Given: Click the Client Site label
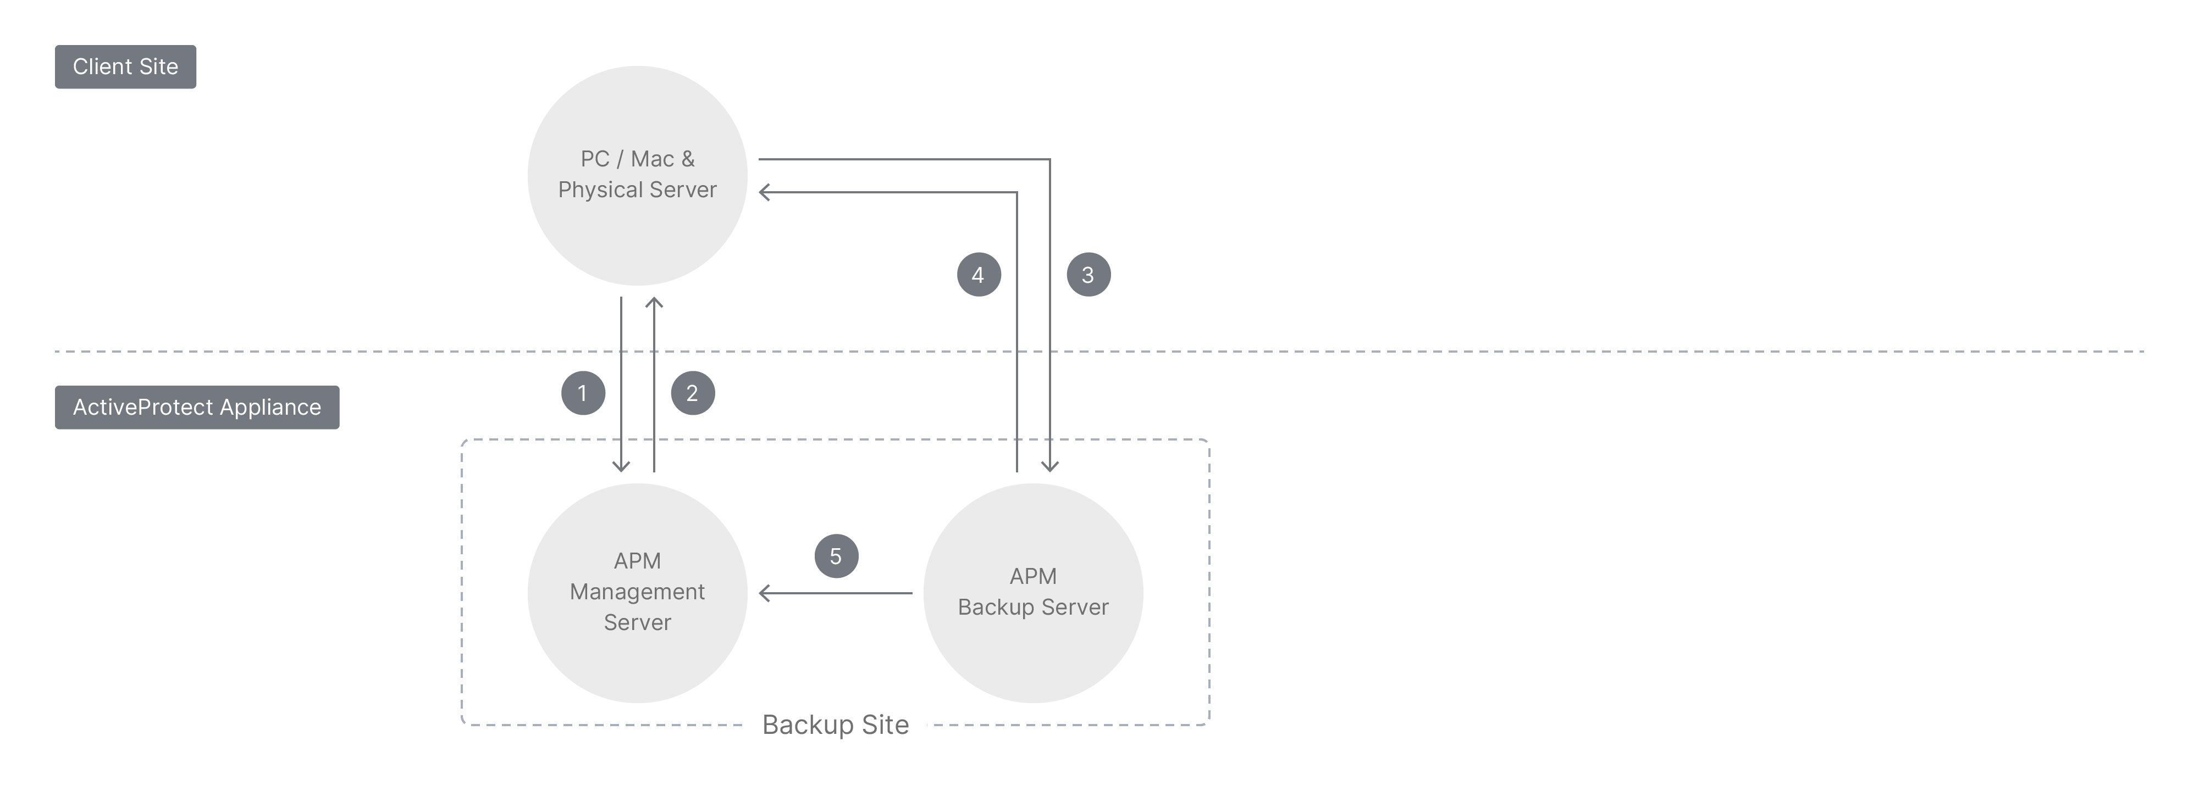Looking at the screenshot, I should click(x=125, y=66).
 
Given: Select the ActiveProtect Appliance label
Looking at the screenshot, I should click(x=197, y=407).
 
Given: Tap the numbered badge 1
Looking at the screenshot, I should click(x=583, y=393).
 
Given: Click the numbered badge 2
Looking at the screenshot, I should click(x=692, y=393).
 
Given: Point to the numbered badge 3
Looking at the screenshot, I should click(x=1089, y=275).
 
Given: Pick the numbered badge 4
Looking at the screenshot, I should click(x=979, y=275).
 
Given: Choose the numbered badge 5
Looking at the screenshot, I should click(x=836, y=556).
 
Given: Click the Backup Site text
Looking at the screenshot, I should click(x=835, y=725).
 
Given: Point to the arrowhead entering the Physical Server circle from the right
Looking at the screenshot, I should click(x=763, y=193).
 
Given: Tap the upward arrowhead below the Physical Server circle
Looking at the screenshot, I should click(x=654, y=302).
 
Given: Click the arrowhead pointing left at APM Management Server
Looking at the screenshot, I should click(x=763, y=593).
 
